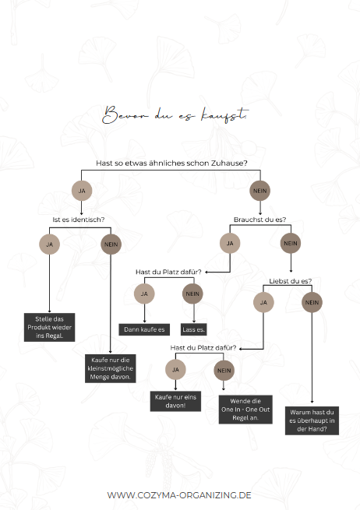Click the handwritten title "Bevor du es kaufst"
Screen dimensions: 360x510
176,114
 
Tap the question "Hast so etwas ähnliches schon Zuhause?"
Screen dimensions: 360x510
171,163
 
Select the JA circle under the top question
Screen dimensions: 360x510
82,191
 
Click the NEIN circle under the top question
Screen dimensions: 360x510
259,191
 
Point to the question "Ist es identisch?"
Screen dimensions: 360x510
79,220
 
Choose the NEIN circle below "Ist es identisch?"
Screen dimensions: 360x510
111,244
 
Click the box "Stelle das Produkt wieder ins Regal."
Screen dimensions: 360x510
49,327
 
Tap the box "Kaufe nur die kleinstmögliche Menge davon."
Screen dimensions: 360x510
111,368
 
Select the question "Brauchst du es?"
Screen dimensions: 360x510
259,220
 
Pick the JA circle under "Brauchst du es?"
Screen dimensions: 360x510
230,243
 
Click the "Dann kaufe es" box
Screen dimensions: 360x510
144,329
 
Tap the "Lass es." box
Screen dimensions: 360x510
194,329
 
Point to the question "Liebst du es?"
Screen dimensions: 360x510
291,281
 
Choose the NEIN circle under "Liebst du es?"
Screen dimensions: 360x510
312,302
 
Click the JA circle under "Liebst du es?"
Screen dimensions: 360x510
263,302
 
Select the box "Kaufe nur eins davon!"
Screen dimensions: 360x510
175,401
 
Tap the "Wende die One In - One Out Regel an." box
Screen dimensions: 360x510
245,410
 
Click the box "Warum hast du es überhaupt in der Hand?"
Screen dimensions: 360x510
312,420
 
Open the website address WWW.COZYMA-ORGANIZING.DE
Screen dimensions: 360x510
179,495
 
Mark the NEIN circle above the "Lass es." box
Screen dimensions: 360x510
192,294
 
